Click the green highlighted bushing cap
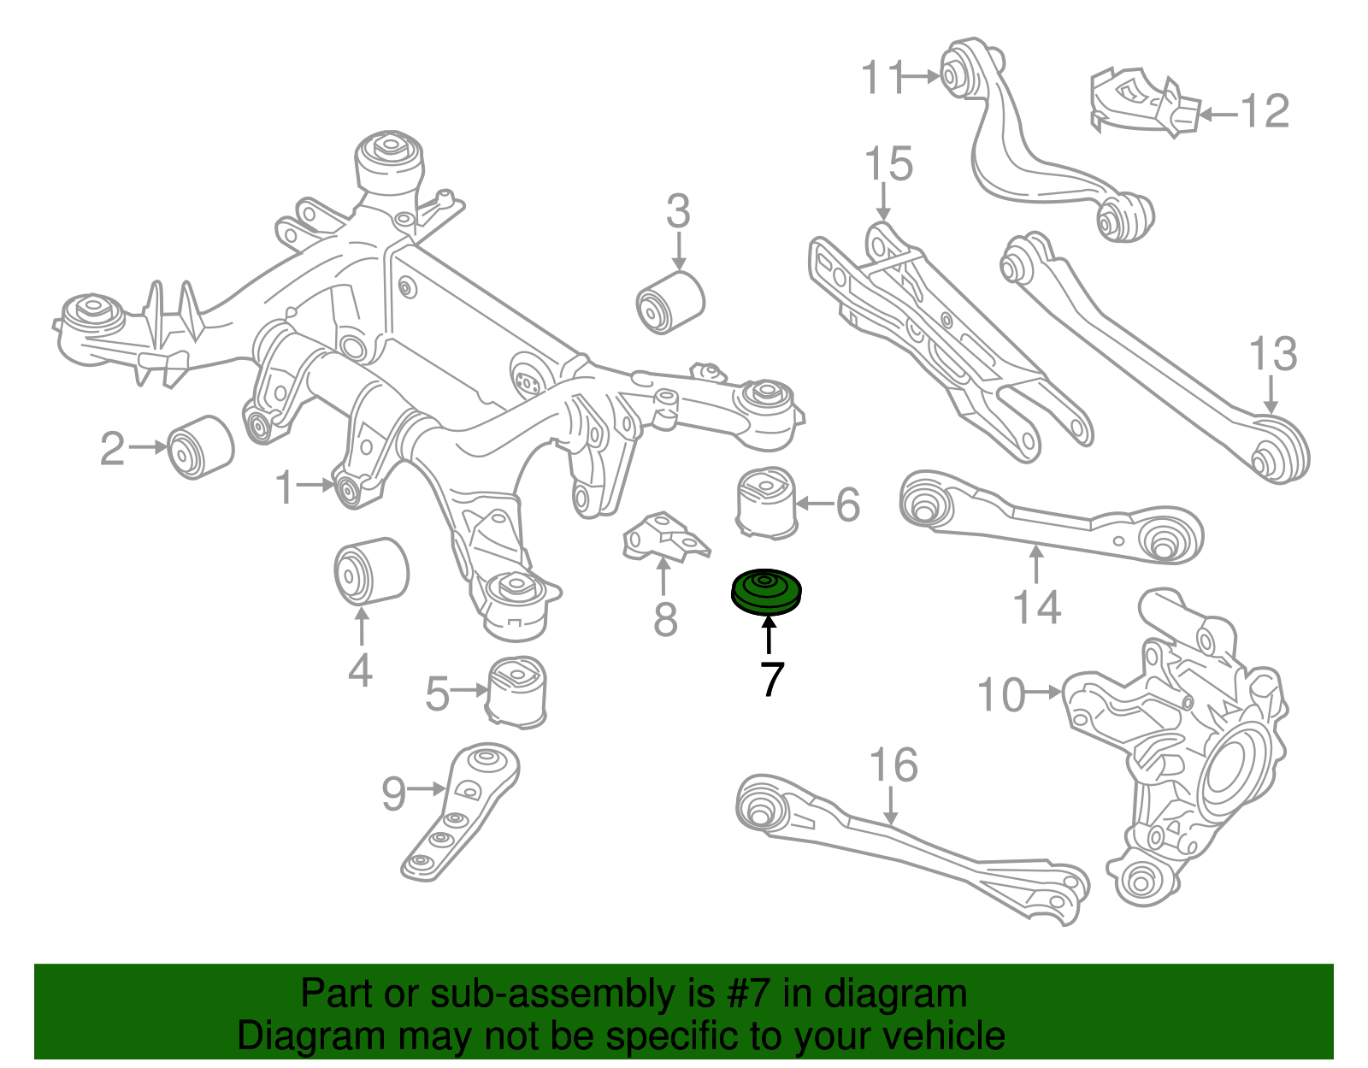pos(767,592)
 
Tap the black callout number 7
pos(771,679)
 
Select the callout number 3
pos(678,211)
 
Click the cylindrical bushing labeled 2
pos(201,447)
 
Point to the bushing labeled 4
pos(370,571)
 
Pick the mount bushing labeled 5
pos(518,691)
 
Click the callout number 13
pos(1272,354)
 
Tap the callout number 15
pos(888,163)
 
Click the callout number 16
pos(893,764)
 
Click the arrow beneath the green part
pos(769,634)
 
